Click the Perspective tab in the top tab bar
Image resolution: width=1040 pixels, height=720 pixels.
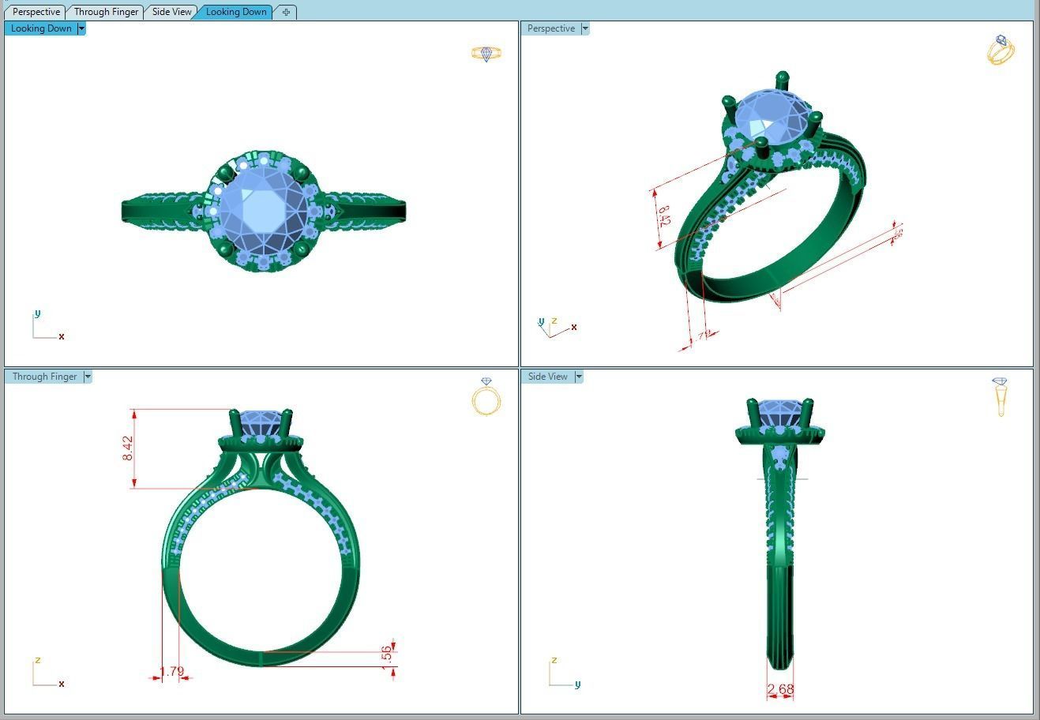tap(36, 12)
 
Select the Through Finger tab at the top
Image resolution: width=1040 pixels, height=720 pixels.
tap(106, 12)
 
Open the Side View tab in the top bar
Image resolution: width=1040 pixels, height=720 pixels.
tap(171, 12)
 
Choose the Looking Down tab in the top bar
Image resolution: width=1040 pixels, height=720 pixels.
tap(235, 12)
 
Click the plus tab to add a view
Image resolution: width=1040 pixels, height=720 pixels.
tap(286, 12)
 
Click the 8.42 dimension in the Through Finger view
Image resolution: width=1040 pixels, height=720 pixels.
tap(128, 448)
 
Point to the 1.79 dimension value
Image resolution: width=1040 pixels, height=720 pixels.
tap(171, 672)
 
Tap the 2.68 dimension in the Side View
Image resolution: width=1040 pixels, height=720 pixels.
tap(780, 689)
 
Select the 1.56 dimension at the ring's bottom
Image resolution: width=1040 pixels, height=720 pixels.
tap(386, 654)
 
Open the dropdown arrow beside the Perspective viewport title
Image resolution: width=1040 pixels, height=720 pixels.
tap(585, 28)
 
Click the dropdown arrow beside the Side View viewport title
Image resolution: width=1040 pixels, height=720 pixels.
tap(579, 377)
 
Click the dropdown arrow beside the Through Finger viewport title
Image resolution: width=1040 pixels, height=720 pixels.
tap(88, 377)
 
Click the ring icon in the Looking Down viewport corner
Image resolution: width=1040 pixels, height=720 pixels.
tap(486, 54)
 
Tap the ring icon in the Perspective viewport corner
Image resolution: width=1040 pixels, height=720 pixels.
tap(1001, 50)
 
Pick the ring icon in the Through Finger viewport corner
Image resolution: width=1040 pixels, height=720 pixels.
tap(486, 396)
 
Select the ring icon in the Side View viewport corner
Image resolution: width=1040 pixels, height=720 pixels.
tap(1001, 396)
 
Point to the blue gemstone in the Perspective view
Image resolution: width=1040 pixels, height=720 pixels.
tap(771, 118)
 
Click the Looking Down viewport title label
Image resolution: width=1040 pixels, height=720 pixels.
tap(41, 28)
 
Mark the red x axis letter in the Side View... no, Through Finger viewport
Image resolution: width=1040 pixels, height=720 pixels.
tap(62, 684)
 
